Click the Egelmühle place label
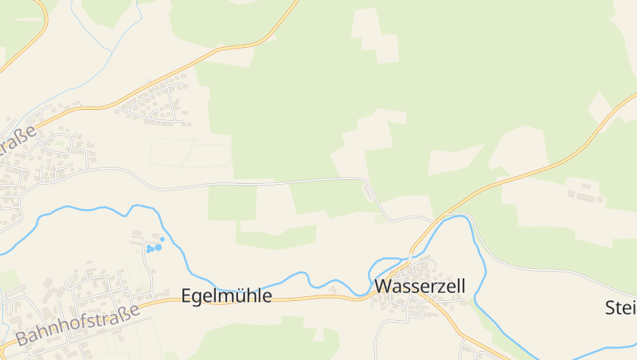coord(227,296)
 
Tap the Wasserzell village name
coord(420,286)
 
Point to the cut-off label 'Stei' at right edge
coord(620,307)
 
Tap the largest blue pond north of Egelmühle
coord(158,248)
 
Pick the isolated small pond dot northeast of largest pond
coord(162,239)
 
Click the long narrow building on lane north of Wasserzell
coord(368,192)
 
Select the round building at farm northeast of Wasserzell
coord(569,194)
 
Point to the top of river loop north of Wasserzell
coord(458,216)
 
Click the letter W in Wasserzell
coord(383,286)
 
